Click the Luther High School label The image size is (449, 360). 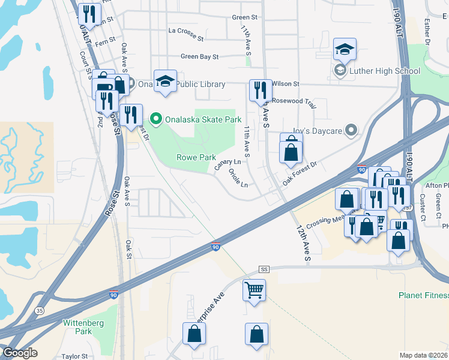[x=384, y=71]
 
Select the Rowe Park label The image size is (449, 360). [x=196, y=157]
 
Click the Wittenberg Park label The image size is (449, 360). [x=82, y=327]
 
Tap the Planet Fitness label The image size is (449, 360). [x=423, y=295]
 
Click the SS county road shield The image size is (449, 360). [x=264, y=269]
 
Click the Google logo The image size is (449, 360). [x=20, y=353]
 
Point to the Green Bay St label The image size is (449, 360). [x=199, y=56]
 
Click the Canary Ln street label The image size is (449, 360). [x=228, y=163]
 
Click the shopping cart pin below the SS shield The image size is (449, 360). [x=255, y=291]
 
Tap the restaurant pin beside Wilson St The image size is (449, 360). [x=261, y=91]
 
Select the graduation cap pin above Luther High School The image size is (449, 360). [x=345, y=49]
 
